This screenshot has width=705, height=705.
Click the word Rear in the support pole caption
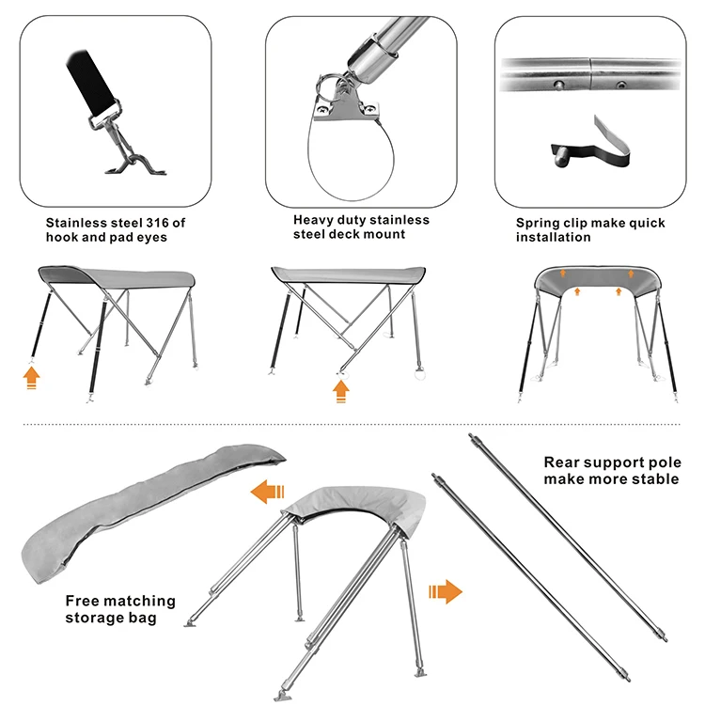(559, 462)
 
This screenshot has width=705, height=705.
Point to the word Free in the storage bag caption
(80, 601)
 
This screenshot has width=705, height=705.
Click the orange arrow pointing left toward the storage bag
(268, 492)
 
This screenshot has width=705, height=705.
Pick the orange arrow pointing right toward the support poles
(446, 591)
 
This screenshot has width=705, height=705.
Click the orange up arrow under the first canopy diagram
(31, 378)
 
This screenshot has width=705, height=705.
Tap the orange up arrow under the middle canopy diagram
(341, 392)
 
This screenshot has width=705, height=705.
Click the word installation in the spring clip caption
(553, 238)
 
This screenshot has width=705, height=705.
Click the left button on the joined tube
(559, 84)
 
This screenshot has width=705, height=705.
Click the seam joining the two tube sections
(590, 73)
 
